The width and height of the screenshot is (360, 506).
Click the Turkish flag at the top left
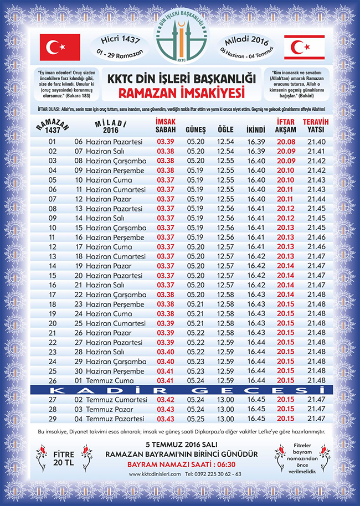60,47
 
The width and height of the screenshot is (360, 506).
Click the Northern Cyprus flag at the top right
304,47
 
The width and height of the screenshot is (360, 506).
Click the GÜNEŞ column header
196,130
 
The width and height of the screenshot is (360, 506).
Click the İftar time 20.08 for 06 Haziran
285,142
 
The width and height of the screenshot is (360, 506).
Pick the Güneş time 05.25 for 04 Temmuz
196,419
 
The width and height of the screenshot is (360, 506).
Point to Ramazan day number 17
53,294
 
